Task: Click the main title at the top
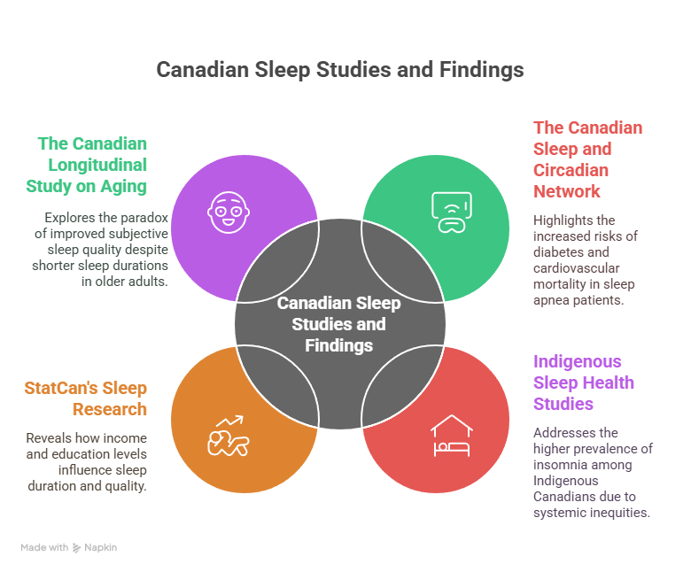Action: tap(339, 70)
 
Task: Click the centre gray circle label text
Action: tap(339, 324)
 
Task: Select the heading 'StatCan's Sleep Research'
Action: tap(86, 398)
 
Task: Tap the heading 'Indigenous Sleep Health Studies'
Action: tap(583, 383)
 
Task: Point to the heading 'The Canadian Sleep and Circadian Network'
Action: tap(586, 159)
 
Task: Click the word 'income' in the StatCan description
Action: tap(126, 438)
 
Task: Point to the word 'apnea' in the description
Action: tap(554, 299)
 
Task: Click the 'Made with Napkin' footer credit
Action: tap(68, 547)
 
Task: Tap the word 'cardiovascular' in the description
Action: tap(576, 267)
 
